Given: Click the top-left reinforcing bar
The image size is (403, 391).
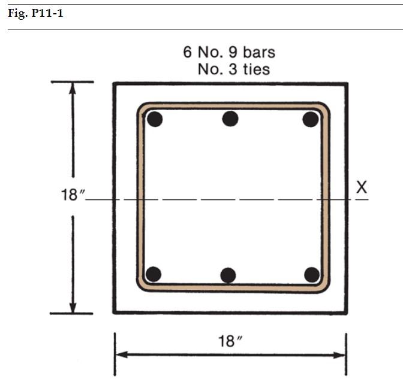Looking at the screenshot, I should (x=155, y=119).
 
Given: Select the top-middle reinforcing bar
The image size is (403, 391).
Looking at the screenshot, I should (x=230, y=119).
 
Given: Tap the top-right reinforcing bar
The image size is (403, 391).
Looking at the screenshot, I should (x=310, y=119).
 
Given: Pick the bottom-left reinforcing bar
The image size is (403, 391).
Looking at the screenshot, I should (x=154, y=274).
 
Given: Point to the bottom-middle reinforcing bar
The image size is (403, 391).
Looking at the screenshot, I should (x=228, y=275).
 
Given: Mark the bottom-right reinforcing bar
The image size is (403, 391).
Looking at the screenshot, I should (x=311, y=274).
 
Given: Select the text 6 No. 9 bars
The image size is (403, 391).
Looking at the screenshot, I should (x=229, y=52).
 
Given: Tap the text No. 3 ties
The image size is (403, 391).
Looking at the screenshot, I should (x=234, y=69).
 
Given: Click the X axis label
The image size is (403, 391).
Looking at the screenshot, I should (x=361, y=187).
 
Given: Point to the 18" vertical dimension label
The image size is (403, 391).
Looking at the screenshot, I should (x=73, y=196).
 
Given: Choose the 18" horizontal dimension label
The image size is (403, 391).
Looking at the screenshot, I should (x=230, y=342).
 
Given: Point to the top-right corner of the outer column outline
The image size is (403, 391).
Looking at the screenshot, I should (x=346, y=84).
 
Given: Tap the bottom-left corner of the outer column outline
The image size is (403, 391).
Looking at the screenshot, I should (x=114, y=312).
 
